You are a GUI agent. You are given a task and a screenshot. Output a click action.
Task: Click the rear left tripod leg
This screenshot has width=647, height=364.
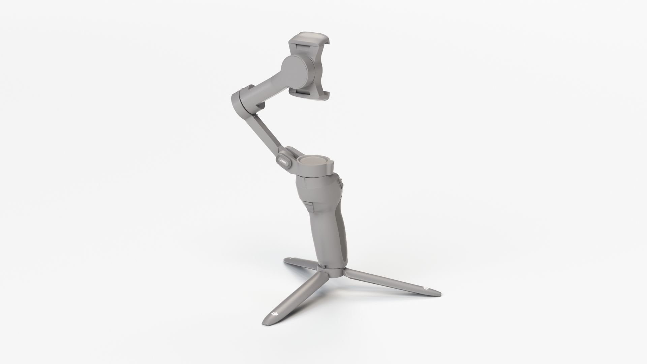[302, 263]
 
